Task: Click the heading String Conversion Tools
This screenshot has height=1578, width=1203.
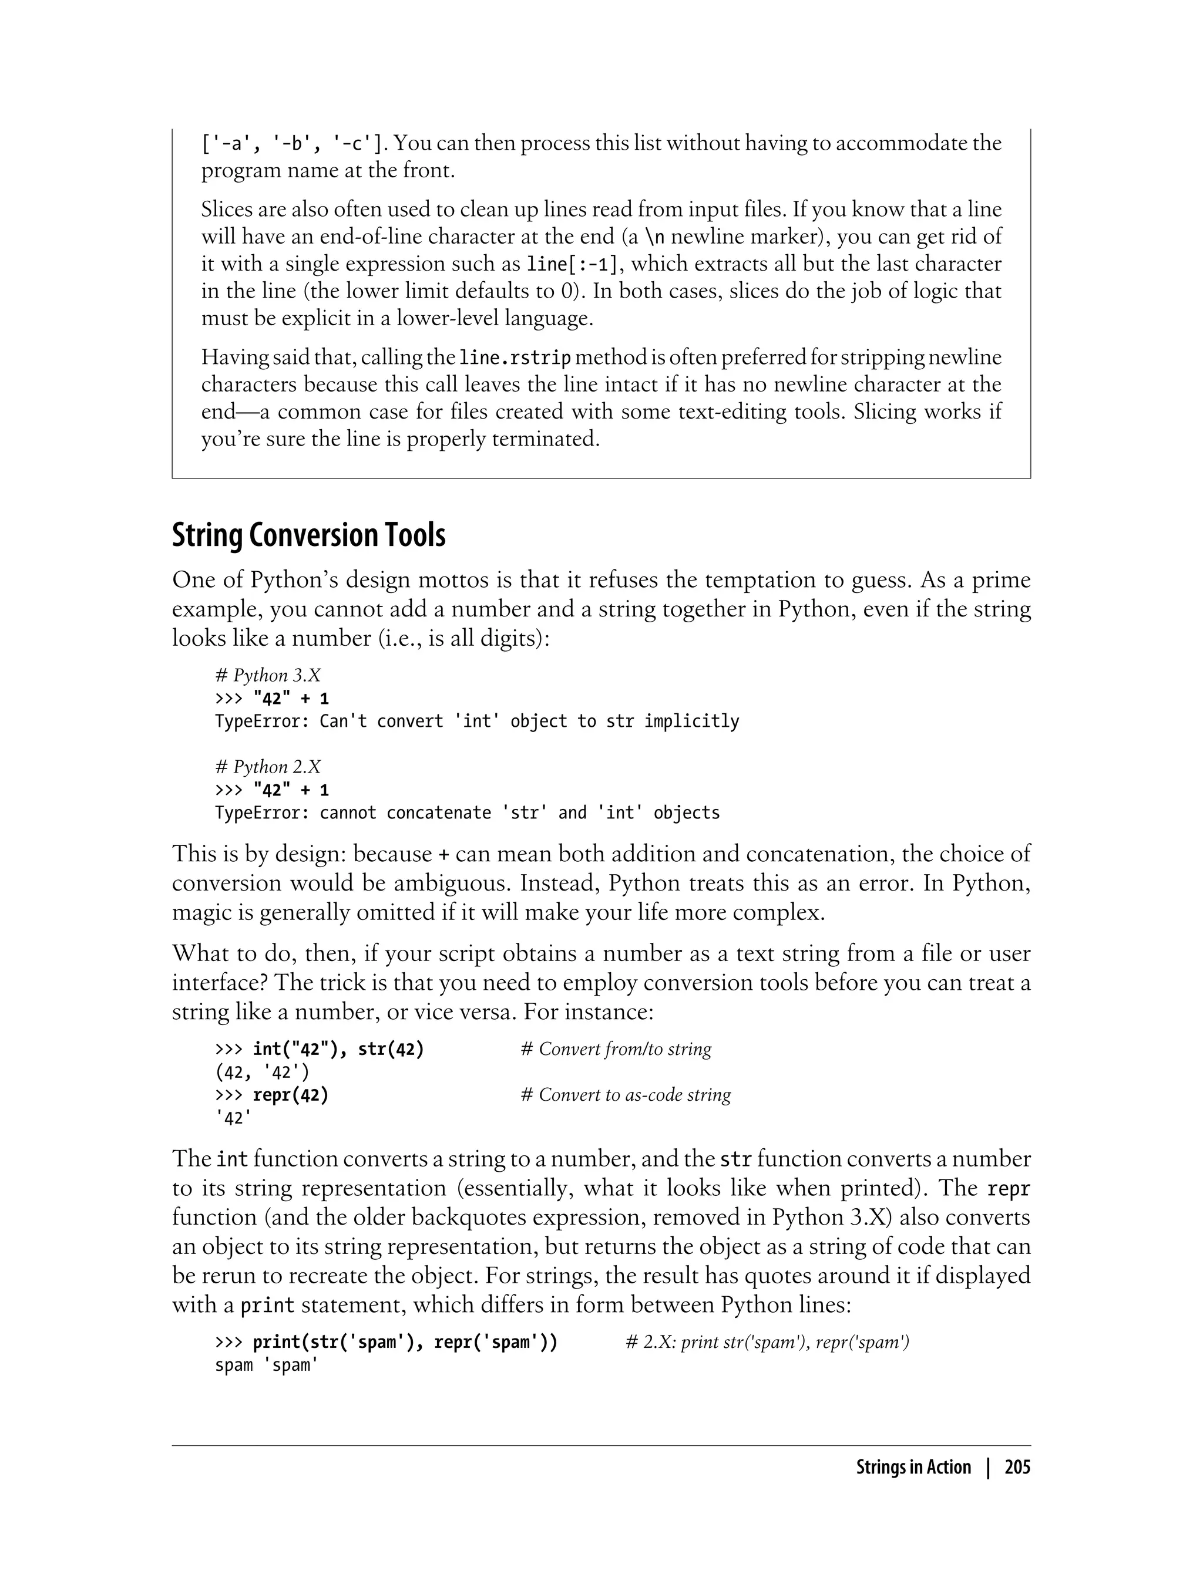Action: [x=308, y=536]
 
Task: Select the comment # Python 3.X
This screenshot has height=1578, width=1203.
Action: [x=268, y=676]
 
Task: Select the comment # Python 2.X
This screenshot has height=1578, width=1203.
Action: [x=268, y=767]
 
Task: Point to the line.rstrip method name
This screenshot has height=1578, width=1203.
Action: [x=515, y=357]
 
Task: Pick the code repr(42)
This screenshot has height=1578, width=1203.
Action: [x=290, y=1095]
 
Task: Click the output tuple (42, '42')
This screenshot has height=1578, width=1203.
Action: [x=262, y=1073]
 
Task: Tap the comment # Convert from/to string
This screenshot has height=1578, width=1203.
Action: [x=616, y=1049]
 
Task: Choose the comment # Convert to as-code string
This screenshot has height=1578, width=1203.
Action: [x=626, y=1095]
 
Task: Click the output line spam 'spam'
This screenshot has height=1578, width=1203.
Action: [x=266, y=1365]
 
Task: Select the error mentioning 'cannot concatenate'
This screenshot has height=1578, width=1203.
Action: [x=467, y=813]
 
